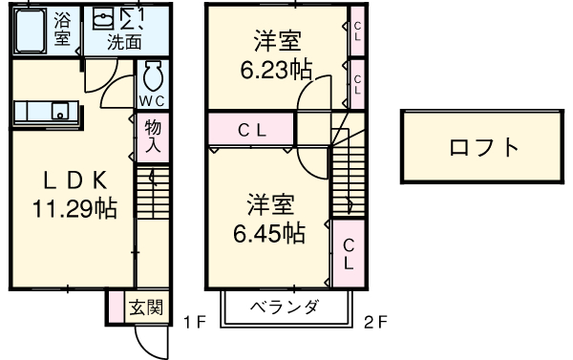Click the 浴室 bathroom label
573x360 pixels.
coord(63,29)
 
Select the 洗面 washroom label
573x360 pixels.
coord(124,42)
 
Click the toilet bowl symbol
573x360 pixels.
coord(153,75)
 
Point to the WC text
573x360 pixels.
coord(152,98)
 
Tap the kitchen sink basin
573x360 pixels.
coord(59,112)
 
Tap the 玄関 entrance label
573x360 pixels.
coord(148,307)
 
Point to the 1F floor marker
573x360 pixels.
coord(194,322)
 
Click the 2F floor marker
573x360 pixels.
coord(375,322)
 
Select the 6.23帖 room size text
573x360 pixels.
coord(275,70)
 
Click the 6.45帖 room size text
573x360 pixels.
coord(270,232)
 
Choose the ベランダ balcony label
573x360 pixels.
coord(285,307)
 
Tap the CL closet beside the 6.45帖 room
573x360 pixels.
coord(350,253)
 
